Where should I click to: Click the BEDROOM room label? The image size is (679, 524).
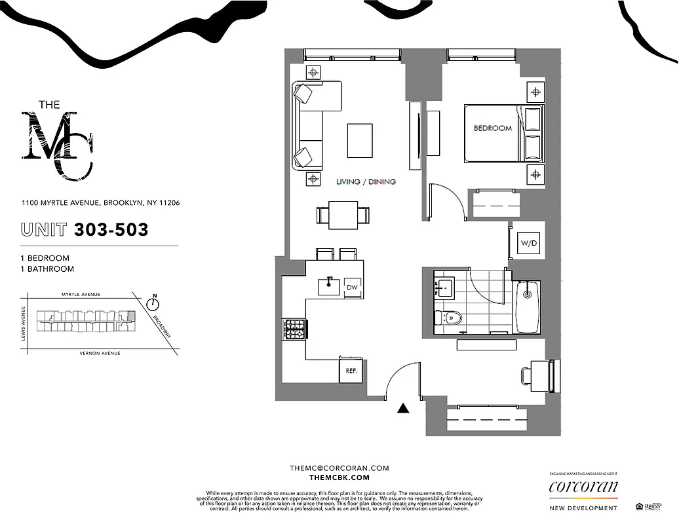click(492, 128)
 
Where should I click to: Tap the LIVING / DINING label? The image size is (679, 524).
click(366, 181)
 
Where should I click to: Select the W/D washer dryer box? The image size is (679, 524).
click(528, 244)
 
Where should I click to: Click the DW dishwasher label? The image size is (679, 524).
click(353, 287)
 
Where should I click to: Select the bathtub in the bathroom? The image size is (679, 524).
click(527, 308)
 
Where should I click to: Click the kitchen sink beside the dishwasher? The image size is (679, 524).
click(329, 286)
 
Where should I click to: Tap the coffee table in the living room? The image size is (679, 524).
click(360, 140)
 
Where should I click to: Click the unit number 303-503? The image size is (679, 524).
click(111, 229)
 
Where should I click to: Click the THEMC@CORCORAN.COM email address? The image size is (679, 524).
click(339, 468)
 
